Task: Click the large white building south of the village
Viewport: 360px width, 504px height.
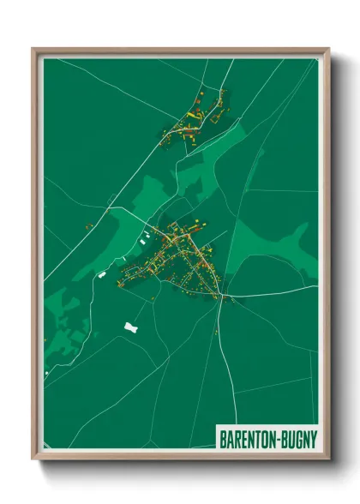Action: point(131,327)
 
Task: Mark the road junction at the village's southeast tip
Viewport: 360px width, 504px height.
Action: point(222,297)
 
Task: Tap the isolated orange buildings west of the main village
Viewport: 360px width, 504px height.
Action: point(87,225)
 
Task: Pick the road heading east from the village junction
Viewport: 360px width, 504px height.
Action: point(274,295)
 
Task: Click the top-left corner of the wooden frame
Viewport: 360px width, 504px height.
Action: point(33,49)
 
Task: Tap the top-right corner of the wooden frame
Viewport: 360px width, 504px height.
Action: point(328,49)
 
